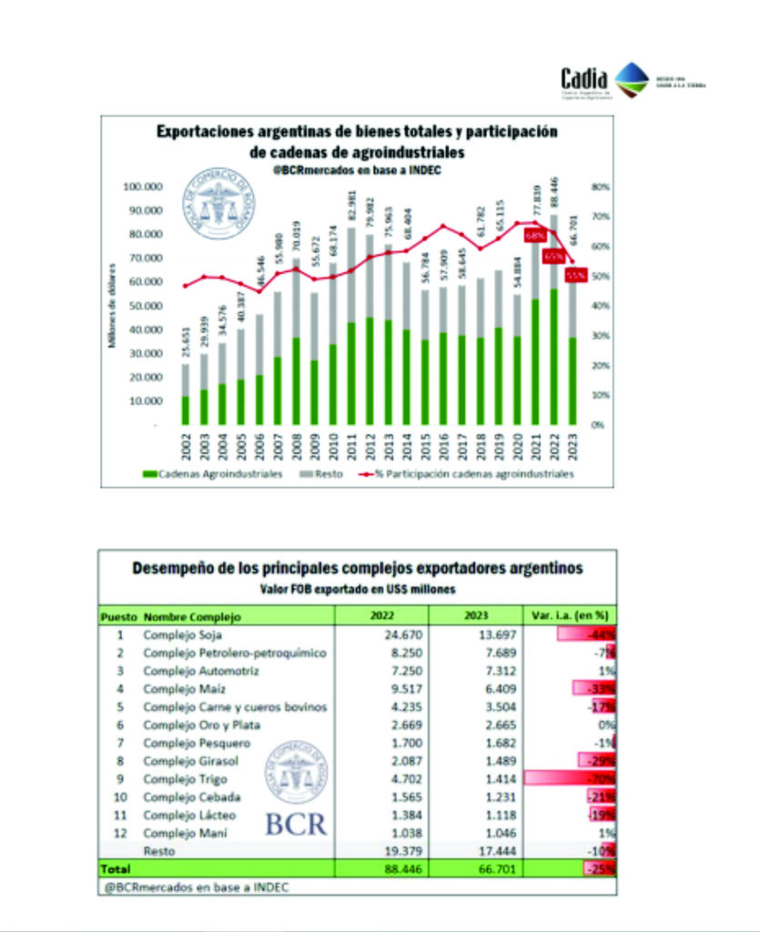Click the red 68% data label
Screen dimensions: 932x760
click(534, 236)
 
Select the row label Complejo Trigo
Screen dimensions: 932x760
click(185, 779)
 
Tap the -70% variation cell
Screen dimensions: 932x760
click(601, 779)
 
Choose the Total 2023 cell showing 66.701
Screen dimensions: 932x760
click(474, 868)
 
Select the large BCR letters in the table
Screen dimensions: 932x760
click(296, 824)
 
